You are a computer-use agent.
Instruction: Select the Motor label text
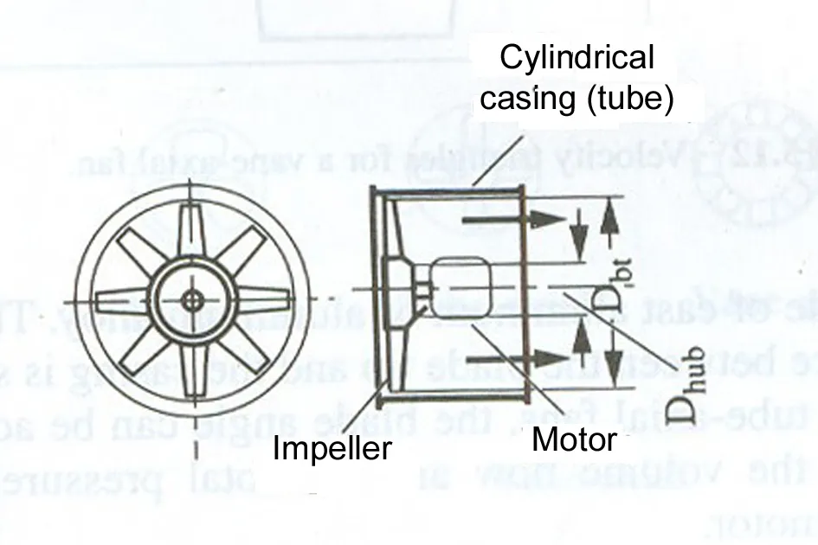pyautogui.click(x=573, y=439)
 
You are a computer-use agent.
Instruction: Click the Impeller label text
pyautogui.click(x=332, y=448)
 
